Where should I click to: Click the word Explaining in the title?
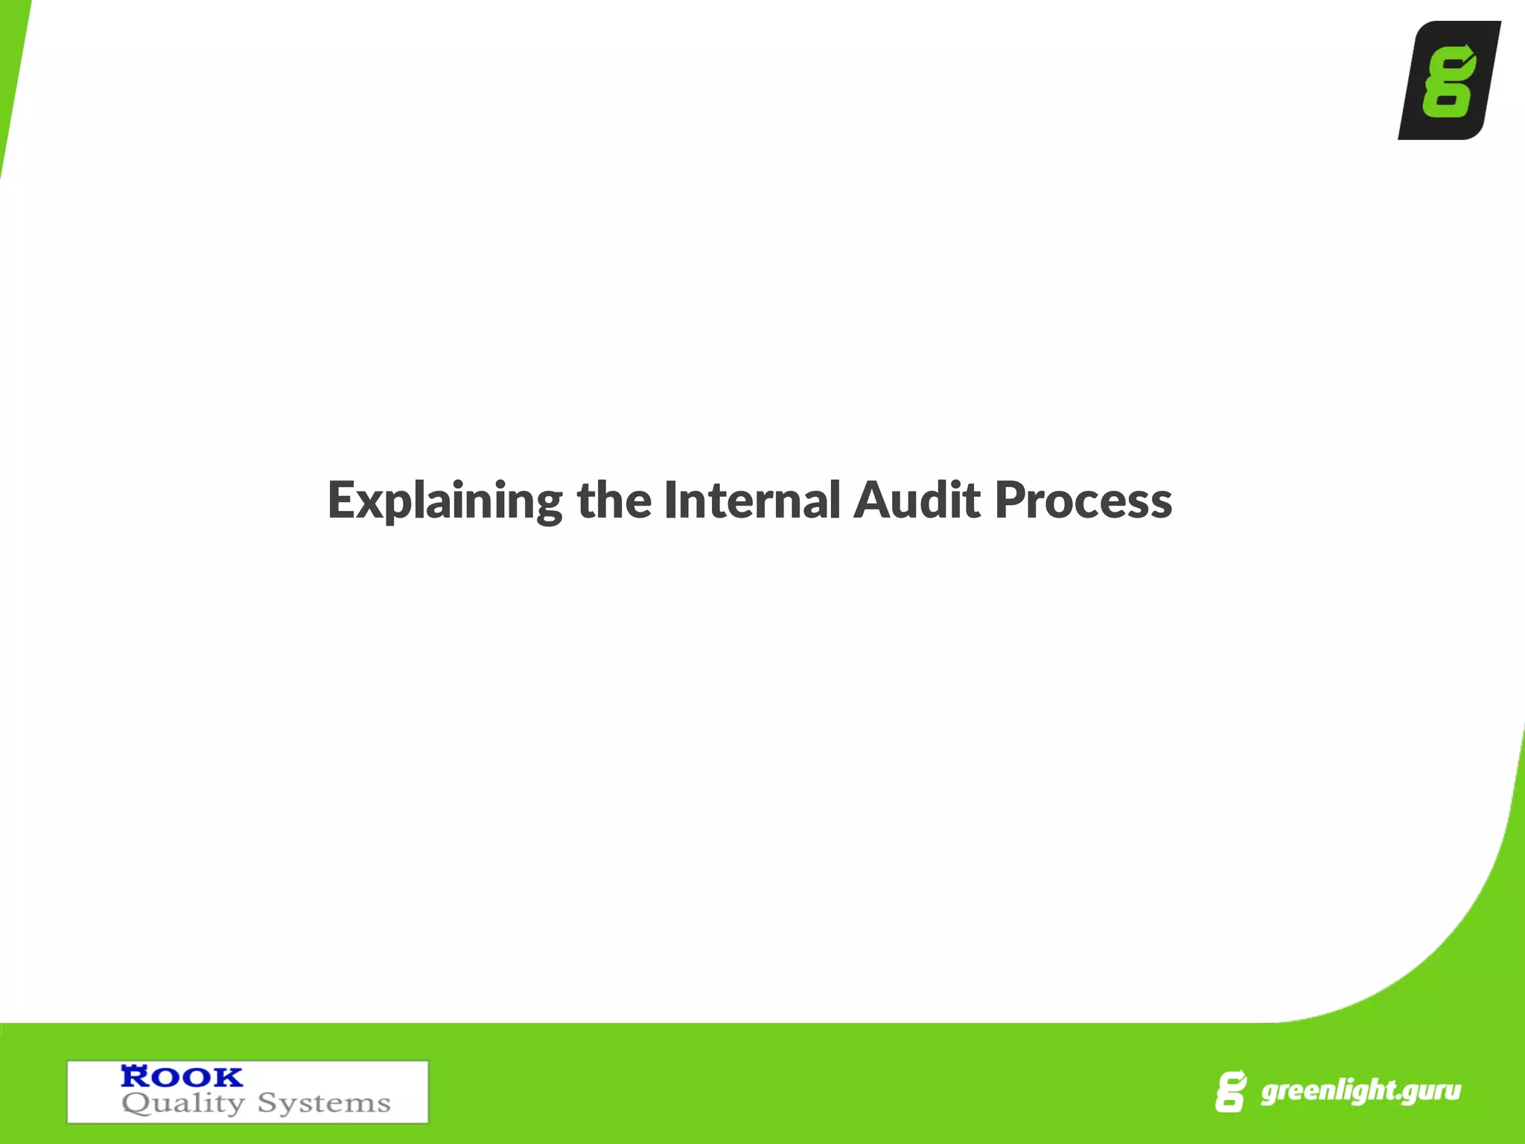445,500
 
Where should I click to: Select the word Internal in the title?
752,500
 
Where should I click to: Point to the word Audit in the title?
917,500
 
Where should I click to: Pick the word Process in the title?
1083,500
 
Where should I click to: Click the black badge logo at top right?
1449,80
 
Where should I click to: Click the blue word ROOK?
182,1076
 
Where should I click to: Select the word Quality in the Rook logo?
183,1103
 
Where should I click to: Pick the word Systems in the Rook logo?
324,1103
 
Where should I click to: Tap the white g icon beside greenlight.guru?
1230,1092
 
